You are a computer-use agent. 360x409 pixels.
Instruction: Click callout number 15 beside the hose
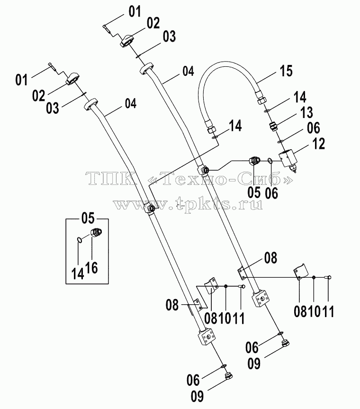click(286, 71)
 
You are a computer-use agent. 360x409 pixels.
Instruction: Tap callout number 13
click(306, 112)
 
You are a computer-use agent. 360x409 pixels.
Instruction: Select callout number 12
click(318, 144)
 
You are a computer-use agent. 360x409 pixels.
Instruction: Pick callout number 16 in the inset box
click(92, 268)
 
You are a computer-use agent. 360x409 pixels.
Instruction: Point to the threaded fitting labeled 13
click(273, 127)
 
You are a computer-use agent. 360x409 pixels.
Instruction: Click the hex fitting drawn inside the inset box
click(96, 232)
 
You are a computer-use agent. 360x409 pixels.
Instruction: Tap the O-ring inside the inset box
click(80, 240)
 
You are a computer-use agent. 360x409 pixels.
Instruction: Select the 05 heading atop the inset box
click(88, 218)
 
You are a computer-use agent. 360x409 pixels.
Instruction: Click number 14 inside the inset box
click(78, 273)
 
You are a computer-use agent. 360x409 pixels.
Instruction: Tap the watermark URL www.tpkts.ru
click(188, 204)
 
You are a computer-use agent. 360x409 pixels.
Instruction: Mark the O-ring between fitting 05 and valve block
click(270, 162)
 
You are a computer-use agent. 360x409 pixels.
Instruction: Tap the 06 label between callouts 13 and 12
click(313, 128)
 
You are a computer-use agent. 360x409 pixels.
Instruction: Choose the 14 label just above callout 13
click(300, 97)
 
